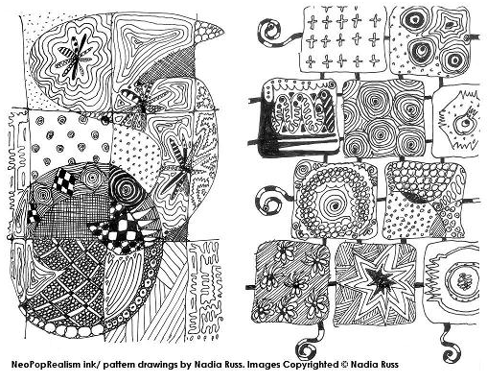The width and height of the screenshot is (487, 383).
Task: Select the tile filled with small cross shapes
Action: [x=342, y=39]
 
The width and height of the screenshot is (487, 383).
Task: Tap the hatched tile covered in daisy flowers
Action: [x=290, y=282]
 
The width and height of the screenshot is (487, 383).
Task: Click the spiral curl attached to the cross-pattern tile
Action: [x=271, y=31]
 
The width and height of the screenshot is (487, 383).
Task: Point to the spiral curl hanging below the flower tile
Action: [x=310, y=344]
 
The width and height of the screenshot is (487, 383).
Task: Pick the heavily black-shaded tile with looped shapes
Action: [x=298, y=118]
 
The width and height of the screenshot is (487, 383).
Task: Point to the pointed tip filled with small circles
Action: [x=208, y=32]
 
